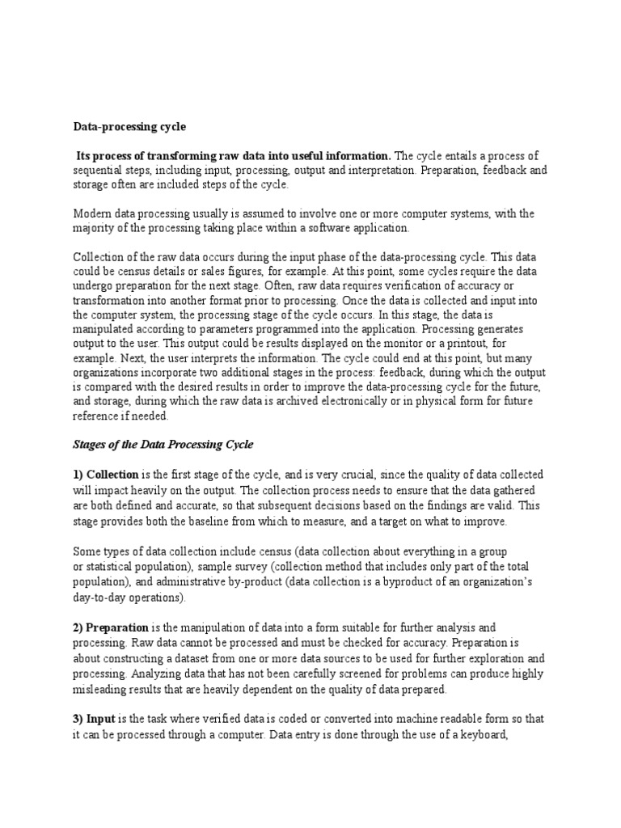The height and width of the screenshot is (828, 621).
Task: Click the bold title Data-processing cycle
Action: pos(129,127)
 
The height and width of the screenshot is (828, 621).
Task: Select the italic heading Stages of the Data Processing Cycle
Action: pos(163,445)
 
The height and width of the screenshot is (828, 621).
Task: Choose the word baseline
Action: pos(227,522)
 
